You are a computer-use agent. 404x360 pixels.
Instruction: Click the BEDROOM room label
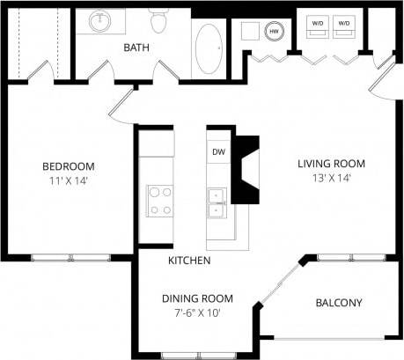pyautogui.click(x=68, y=166)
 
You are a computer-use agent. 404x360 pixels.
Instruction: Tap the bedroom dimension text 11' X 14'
pyautogui.click(x=68, y=181)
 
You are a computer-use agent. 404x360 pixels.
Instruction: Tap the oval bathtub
pyautogui.click(x=208, y=48)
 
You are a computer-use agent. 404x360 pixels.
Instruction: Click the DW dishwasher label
pyautogui.click(x=217, y=151)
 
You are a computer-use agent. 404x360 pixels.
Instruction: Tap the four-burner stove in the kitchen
pyautogui.click(x=159, y=199)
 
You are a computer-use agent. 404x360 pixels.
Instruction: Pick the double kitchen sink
pyautogui.click(x=217, y=202)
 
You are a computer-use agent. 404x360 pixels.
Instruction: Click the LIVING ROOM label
pyautogui.click(x=330, y=164)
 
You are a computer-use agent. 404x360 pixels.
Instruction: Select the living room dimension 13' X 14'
pyautogui.click(x=330, y=178)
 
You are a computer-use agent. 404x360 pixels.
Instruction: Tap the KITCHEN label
pyautogui.click(x=188, y=261)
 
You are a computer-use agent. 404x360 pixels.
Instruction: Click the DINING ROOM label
pyautogui.click(x=196, y=298)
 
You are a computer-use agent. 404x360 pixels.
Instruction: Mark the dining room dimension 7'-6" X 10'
pyautogui.click(x=196, y=312)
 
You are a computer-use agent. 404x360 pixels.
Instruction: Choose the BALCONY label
pyautogui.click(x=338, y=303)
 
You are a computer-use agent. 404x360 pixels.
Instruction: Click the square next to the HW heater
pyautogui.click(x=249, y=32)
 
